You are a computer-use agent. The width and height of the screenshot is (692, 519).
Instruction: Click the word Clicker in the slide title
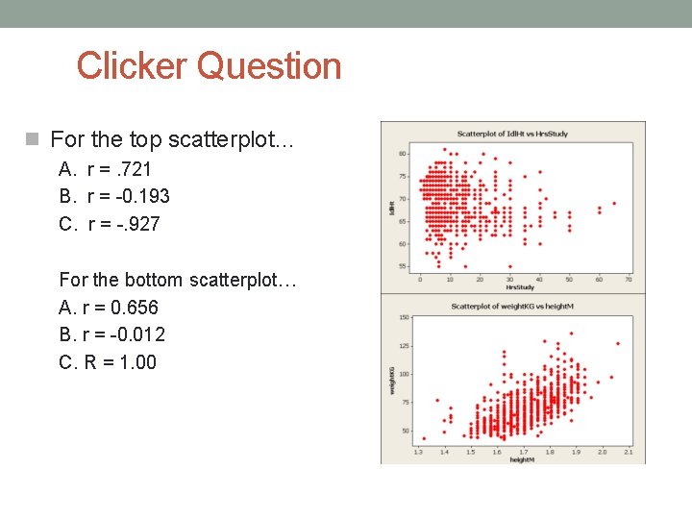click(133, 66)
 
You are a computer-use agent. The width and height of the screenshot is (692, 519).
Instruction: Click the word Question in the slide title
click(269, 66)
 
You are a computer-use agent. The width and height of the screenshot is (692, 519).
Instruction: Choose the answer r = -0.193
click(114, 196)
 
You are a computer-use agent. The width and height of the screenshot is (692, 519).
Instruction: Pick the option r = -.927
click(110, 224)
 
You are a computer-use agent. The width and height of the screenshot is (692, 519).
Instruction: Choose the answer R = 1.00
click(108, 362)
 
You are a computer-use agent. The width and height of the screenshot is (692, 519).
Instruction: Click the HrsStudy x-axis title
click(520, 286)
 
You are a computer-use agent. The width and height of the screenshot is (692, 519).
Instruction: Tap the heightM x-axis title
click(522, 459)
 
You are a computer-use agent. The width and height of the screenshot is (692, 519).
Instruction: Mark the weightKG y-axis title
click(392, 379)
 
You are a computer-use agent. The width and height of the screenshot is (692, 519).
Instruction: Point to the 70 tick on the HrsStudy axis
click(628, 280)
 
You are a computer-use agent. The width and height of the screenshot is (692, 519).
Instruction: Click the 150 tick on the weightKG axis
click(404, 317)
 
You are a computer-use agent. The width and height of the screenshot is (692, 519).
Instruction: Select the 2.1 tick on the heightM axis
click(628, 451)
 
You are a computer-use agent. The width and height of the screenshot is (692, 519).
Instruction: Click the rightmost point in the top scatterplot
click(614, 203)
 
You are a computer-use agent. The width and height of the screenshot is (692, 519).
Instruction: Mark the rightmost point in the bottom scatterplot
click(617, 343)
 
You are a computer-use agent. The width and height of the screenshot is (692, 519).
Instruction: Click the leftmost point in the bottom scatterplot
click(424, 438)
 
